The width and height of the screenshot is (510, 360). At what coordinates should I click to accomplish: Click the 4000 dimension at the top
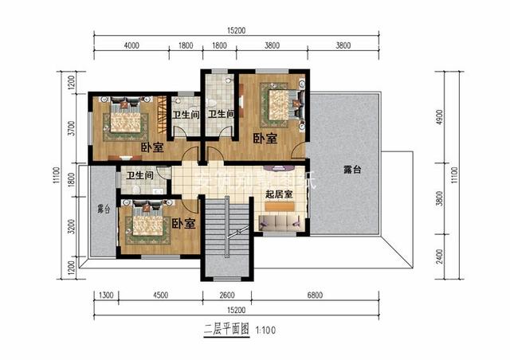click(131, 46)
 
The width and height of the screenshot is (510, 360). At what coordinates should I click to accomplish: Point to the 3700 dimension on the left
click(71, 129)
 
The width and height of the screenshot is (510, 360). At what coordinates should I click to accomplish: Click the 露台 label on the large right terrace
click(353, 169)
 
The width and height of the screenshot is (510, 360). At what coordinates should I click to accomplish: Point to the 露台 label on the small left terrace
click(102, 209)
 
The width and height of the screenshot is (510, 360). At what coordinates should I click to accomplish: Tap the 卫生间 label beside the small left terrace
click(140, 175)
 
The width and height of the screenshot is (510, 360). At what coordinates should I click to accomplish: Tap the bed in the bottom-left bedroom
click(146, 225)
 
